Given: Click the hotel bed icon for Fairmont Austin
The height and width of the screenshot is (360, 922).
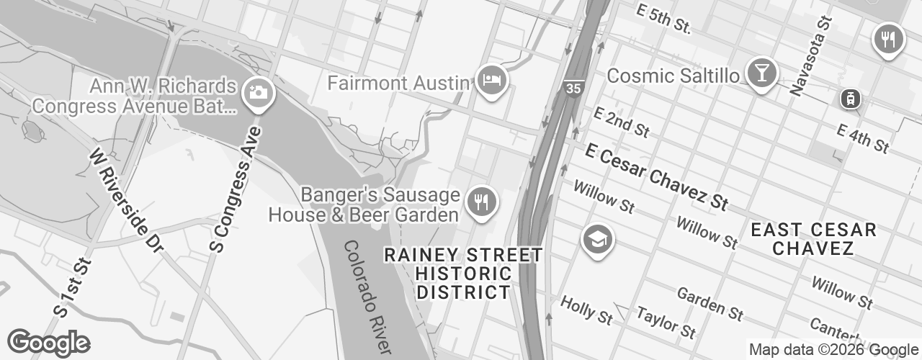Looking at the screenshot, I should tap(492, 79).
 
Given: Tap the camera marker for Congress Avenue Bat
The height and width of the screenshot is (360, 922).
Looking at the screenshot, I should tap(256, 92).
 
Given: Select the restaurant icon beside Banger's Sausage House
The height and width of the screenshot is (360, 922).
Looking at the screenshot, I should tap(480, 200).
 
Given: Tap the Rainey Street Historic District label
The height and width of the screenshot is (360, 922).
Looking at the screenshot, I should tap(464, 274).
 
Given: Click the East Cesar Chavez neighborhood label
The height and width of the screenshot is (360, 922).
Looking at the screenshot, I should tap(813, 239).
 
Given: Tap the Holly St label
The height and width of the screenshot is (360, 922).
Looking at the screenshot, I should tap(586, 308).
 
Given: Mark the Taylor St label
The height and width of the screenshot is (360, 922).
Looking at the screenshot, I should tap(666, 322).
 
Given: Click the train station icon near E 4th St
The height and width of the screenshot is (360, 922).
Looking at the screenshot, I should tap(851, 99).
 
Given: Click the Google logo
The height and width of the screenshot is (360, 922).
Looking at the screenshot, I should tap(49, 343).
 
